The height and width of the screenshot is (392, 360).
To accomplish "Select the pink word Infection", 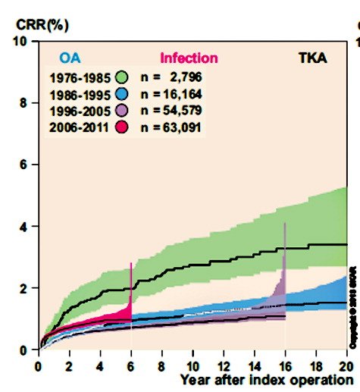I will click(x=189, y=58).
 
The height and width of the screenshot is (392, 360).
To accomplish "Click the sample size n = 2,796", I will click(x=179, y=77).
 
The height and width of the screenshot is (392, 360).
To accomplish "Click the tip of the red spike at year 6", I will click(x=132, y=263).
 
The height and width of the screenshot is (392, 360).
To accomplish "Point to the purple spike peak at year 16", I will click(x=285, y=223).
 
